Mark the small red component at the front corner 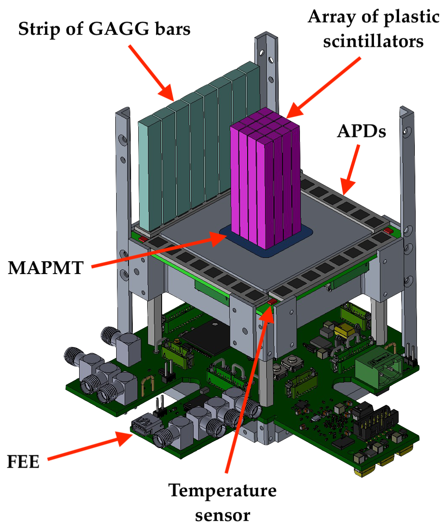pos(272,302)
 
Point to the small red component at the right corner pos(388,231)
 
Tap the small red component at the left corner pos(143,239)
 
